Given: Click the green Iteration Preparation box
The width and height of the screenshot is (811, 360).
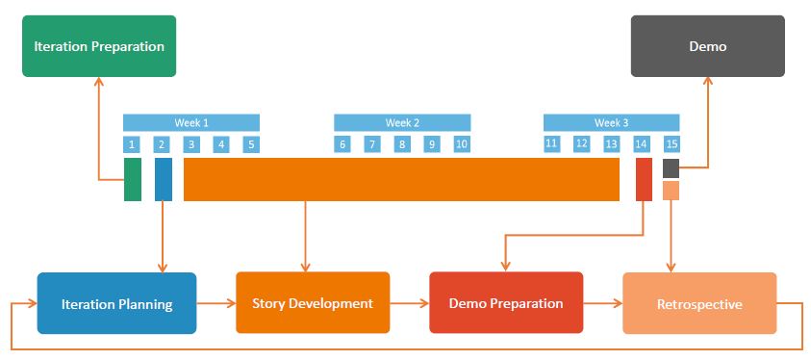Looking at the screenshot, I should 99,46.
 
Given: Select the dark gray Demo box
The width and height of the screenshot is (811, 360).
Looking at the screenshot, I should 707,46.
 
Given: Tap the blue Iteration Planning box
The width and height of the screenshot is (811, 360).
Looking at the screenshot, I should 116,303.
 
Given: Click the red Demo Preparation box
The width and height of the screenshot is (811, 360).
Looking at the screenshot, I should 506,303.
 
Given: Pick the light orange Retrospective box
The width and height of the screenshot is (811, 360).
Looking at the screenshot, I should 699,303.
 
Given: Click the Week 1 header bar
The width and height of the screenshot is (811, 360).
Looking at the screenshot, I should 191,122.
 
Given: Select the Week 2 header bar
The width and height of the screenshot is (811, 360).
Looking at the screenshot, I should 402,122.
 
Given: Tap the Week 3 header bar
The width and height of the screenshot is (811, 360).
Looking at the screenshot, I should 611,122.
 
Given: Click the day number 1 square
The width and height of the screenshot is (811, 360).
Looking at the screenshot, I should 132,144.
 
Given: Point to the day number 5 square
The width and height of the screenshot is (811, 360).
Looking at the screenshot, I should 251,144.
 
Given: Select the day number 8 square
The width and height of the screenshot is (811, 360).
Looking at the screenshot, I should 402,144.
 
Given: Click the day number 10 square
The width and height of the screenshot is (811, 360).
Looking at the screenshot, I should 462,144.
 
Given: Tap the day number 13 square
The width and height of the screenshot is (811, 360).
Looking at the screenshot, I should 611,143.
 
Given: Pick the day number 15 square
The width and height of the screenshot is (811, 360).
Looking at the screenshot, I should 672,144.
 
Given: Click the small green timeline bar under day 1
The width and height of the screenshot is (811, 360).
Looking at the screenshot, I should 133,179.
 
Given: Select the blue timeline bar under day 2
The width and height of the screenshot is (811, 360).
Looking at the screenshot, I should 164,179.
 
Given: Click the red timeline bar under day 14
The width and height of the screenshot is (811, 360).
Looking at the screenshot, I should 644,179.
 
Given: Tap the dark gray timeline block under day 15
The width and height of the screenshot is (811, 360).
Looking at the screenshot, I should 671,168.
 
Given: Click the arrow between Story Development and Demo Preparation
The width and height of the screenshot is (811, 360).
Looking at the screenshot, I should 409,303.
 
